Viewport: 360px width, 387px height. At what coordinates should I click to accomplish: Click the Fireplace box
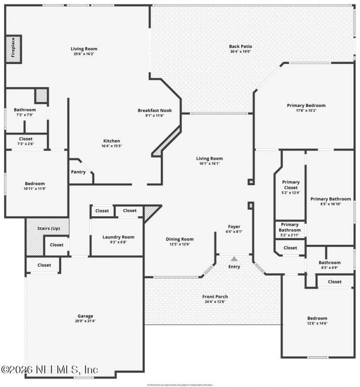pyautogui.click(x=13, y=48)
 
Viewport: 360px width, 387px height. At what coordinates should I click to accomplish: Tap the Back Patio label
pyautogui.click(x=240, y=46)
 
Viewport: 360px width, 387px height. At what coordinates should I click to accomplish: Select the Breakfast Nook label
pyautogui.click(x=154, y=111)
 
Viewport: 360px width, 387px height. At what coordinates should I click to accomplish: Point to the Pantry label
pyautogui.click(x=78, y=172)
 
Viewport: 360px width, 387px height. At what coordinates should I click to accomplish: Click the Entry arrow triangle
pyautogui.click(x=234, y=259)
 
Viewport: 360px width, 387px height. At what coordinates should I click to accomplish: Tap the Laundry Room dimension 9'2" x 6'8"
pyautogui.click(x=118, y=242)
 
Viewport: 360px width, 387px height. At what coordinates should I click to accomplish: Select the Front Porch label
pyautogui.click(x=215, y=297)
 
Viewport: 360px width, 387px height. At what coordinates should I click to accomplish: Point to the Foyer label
pyautogui.click(x=234, y=227)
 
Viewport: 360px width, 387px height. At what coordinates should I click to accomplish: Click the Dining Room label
pyautogui.click(x=180, y=239)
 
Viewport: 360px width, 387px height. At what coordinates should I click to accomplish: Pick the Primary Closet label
pyautogui.click(x=291, y=185)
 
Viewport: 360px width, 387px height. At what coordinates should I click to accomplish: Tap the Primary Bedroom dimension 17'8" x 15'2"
pyautogui.click(x=306, y=111)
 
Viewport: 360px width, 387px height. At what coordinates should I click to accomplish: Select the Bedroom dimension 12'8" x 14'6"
pyautogui.click(x=318, y=323)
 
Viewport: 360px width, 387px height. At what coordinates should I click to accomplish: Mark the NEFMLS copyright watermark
pyautogui.click(x=49, y=370)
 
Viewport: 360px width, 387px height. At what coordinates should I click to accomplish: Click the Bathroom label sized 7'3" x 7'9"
pyautogui.click(x=25, y=110)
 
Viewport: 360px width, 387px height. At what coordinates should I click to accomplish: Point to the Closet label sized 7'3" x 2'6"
pyautogui.click(x=25, y=139)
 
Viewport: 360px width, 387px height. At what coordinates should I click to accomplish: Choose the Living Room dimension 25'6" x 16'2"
pyautogui.click(x=84, y=54)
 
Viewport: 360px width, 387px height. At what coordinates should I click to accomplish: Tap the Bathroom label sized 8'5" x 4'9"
pyautogui.click(x=329, y=263)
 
